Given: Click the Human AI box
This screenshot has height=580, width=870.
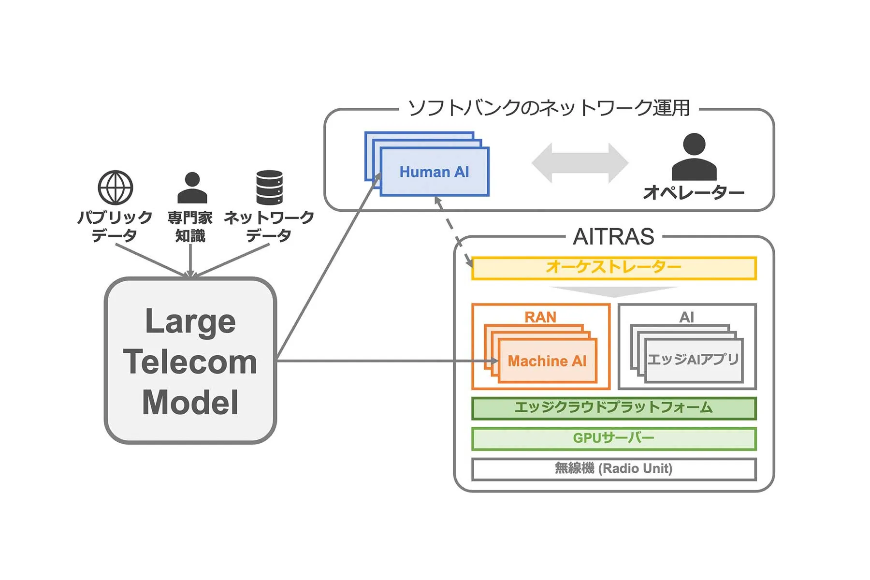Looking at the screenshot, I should pos(434,172).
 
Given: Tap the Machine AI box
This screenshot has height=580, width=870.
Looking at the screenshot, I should pos(547,361).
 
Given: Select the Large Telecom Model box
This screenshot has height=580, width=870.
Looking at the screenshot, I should pos(190,361).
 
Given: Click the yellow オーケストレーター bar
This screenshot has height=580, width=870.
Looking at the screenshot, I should pos(613,268).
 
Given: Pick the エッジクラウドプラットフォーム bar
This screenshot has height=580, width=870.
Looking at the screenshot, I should pos(613,408).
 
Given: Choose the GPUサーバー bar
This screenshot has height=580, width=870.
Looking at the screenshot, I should pos(613,438).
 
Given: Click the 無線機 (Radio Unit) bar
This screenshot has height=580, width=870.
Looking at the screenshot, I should pos(613,469).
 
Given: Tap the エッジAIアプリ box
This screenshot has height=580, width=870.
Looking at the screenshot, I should pos(693,360).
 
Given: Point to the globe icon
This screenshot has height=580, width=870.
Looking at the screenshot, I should pos(115,188).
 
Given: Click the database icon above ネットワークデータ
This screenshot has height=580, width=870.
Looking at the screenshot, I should pos(269,188).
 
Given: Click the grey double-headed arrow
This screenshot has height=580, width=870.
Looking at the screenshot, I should pos(580,163).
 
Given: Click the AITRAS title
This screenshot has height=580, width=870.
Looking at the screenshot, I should pos(613,237).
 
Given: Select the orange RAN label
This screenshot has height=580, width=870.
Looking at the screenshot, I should pos(540,317).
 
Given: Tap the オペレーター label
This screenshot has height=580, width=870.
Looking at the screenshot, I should pos(694,193).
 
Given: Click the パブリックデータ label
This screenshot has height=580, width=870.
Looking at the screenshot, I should pos(115,226).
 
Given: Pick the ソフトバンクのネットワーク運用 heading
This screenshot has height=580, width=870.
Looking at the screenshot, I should pos(549,108).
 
